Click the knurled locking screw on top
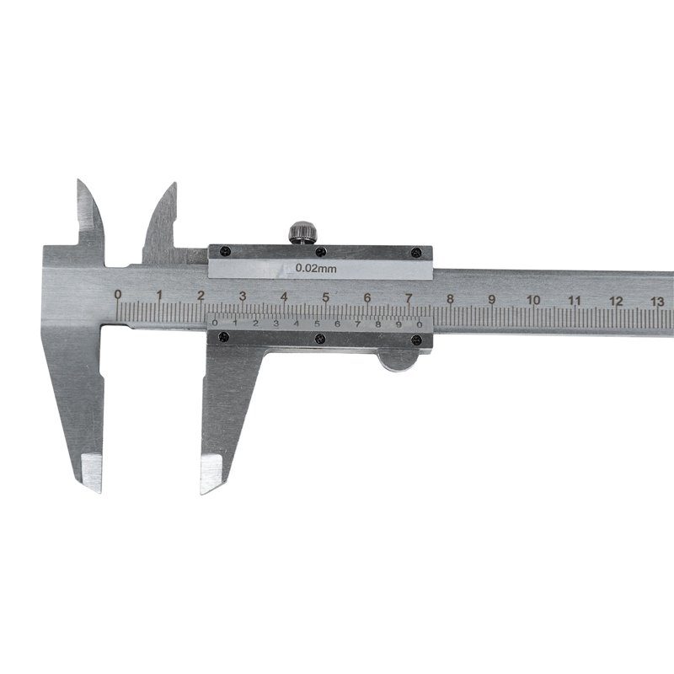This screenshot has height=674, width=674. [303, 233]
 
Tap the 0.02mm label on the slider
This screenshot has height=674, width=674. [316, 269]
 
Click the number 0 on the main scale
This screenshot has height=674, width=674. [118, 294]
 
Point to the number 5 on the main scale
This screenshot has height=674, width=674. [325, 297]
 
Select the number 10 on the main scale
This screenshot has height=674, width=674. [533, 300]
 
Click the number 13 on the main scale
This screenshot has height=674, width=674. [658, 302]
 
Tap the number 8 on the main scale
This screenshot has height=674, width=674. [450, 299]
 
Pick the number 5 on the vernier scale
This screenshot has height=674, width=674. [317, 324]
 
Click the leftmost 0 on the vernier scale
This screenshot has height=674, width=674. [215, 323]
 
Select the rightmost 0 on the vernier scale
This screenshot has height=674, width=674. [419, 324]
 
